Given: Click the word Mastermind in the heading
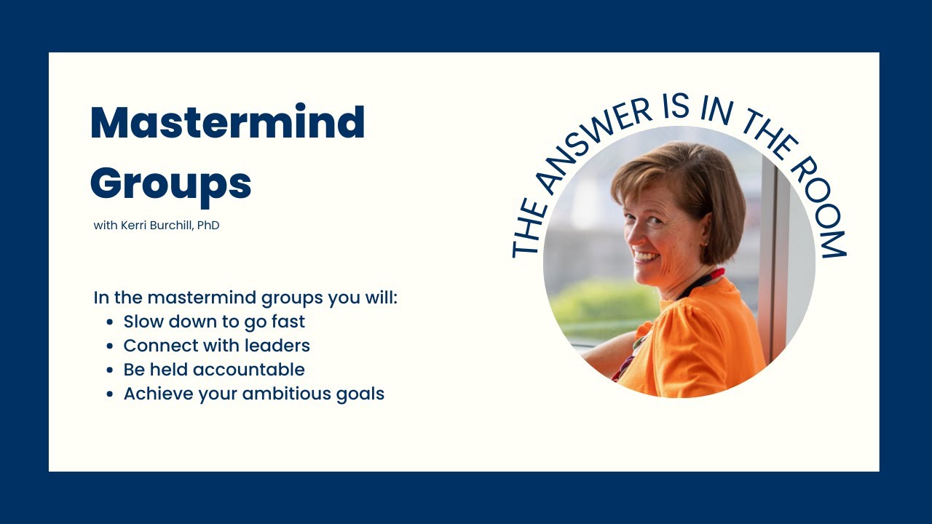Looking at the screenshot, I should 227,122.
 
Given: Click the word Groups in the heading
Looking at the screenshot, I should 170,183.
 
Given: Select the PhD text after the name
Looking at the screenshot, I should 208,226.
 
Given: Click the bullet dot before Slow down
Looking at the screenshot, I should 110,322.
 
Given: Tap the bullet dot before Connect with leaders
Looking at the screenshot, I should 110,346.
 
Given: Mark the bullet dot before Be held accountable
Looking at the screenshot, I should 110,370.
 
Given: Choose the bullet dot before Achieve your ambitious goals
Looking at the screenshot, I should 110,394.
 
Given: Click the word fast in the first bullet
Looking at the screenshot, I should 288,322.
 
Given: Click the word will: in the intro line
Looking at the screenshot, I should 379,298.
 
